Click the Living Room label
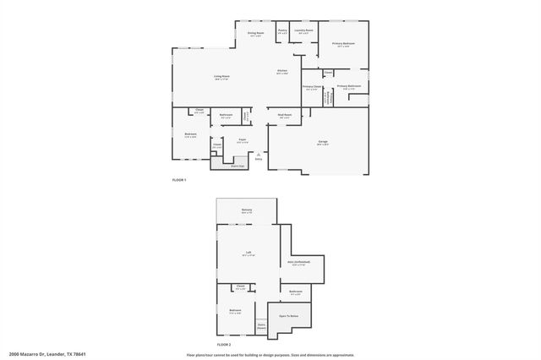[x=221, y=77]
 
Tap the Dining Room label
[x=255, y=33]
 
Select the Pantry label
[x=282, y=30]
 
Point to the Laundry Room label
[x=304, y=30]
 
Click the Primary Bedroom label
[x=343, y=43]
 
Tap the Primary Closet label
[x=311, y=87]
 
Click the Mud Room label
[x=285, y=115]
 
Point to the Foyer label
[x=242, y=139]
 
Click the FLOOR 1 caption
[x=178, y=180]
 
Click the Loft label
[x=249, y=252]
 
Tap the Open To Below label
[x=288, y=316]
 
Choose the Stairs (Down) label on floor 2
[x=262, y=325]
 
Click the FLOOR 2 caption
[x=223, y=345]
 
